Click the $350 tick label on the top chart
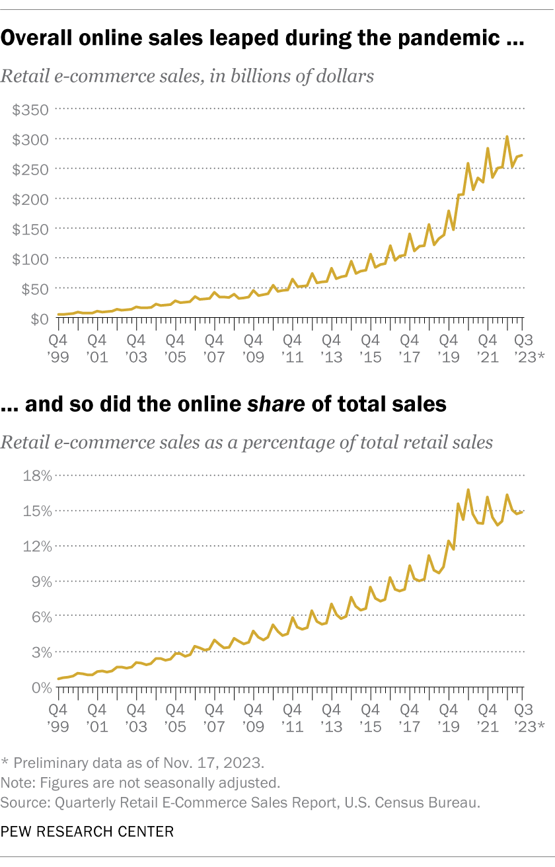coord(30,109)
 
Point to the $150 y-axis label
coord(30,229)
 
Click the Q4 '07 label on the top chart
coord(213,349)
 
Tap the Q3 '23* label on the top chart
coord(525,349)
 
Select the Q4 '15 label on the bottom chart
coord(369,718)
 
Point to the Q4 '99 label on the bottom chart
coord(58,718)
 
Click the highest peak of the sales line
coord(507,137)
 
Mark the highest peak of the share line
coord(468,490)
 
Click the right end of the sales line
coord(523,155)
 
